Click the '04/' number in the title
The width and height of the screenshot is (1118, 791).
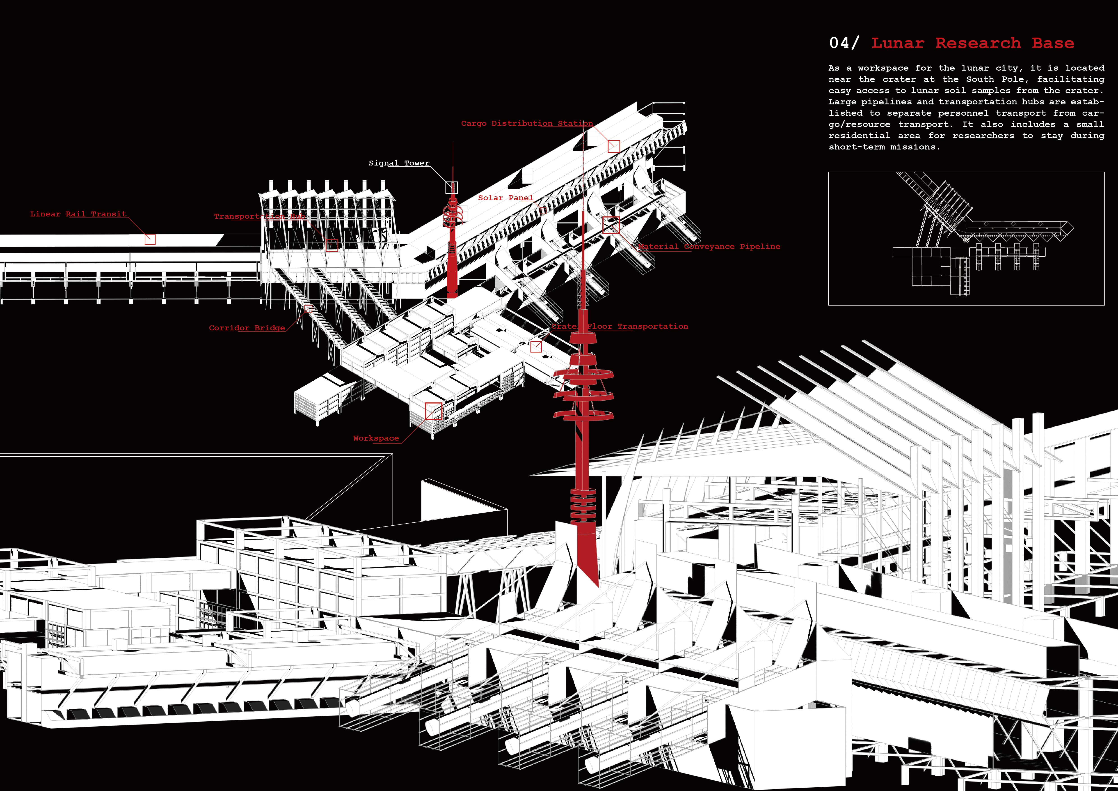[x=844, y=43]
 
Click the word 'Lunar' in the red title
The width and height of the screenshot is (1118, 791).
[x=897, y=43]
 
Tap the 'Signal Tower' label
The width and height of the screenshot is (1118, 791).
[x=399, y=163]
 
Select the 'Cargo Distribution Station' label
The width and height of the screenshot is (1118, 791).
[x=527, y=123]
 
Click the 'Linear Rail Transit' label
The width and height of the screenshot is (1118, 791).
[x=78, y=214]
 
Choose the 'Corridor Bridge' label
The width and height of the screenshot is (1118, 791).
[x=247, y=328]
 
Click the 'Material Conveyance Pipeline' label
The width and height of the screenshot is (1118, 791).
[x=709, y=246]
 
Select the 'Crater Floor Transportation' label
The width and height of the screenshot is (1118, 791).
[x=619, y=326]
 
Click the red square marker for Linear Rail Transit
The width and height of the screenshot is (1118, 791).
[x=150, y=239]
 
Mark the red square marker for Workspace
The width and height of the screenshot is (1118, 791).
[x=433, y=411]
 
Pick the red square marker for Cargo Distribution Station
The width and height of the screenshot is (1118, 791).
[x=613, y=146]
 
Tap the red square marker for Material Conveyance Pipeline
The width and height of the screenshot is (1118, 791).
[x=611, y=225]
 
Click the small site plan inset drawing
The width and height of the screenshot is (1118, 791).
[x=966, y=239]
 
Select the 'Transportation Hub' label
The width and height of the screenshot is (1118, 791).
[x=260, y=216]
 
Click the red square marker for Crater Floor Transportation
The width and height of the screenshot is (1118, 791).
[x=536, y=346]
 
